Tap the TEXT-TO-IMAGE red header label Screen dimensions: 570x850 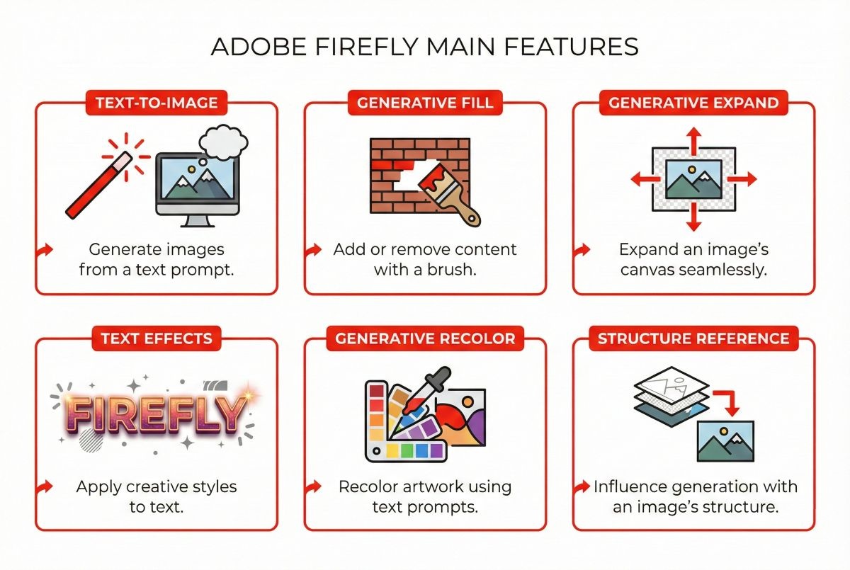pos(156,103)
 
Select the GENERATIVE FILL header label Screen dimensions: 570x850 pos(425,103)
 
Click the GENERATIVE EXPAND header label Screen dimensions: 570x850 pos(693,103)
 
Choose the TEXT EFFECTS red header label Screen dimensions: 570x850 pos(156,338)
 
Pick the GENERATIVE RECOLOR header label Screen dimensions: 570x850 pos(425,338)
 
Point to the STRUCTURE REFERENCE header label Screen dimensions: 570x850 pos(693,338)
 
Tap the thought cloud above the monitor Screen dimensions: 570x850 pos(222,142)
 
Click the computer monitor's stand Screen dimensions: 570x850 pos(198,220)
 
